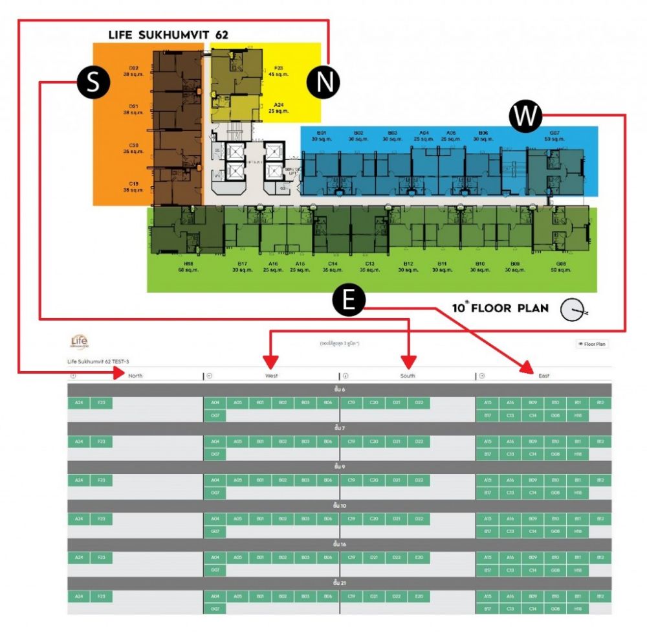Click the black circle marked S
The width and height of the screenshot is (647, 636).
[93, 83]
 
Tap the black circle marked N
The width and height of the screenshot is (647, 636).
[323, 82]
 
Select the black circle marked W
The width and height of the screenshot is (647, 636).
[525, 117]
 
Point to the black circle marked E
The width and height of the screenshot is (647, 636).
[349, 301]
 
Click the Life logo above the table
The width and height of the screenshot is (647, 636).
[79, 341]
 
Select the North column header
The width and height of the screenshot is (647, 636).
[135, 376]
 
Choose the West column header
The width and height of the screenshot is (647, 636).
[271, 376]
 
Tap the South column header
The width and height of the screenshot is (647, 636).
[408, 376]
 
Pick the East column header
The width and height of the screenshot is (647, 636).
[543, 376]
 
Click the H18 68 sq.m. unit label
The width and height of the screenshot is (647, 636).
[189, 267]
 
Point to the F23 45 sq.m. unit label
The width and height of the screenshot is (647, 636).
[278, 71]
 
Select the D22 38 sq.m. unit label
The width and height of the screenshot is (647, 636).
[133, 71]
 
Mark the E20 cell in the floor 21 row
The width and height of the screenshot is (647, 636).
[419, 596]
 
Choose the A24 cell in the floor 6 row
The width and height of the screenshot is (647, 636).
[79, 403]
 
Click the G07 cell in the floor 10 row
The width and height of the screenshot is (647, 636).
[215, 532]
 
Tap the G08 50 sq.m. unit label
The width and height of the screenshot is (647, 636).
[552, 267]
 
